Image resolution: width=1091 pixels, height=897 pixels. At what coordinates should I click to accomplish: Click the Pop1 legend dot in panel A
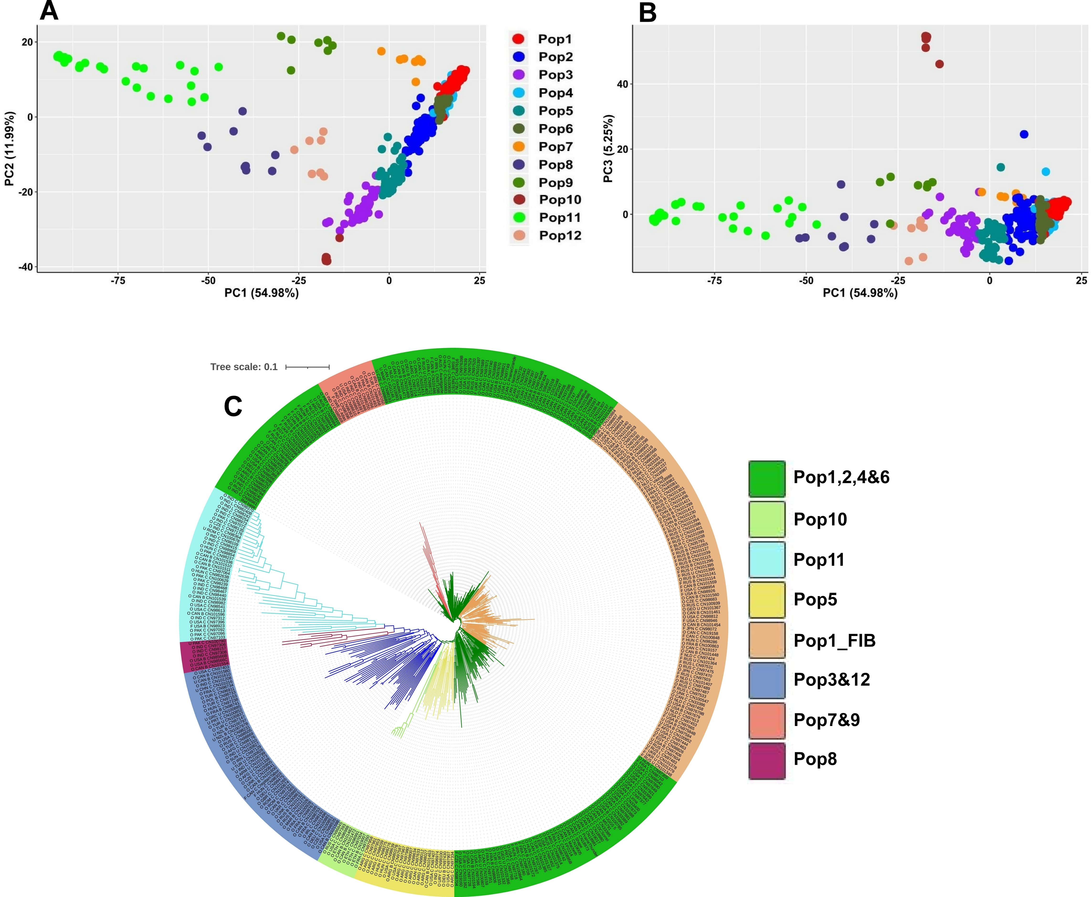(518, 39)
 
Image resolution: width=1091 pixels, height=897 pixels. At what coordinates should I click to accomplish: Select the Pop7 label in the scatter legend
(555, 147)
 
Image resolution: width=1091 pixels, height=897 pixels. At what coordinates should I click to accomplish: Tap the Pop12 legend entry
(560, 236)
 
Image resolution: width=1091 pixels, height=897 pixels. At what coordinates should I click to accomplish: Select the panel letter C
(233, 407)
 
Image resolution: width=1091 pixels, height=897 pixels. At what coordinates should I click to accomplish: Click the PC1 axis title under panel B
(860, 293)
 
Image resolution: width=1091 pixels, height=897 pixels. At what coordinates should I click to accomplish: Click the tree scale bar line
(307, 367)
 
